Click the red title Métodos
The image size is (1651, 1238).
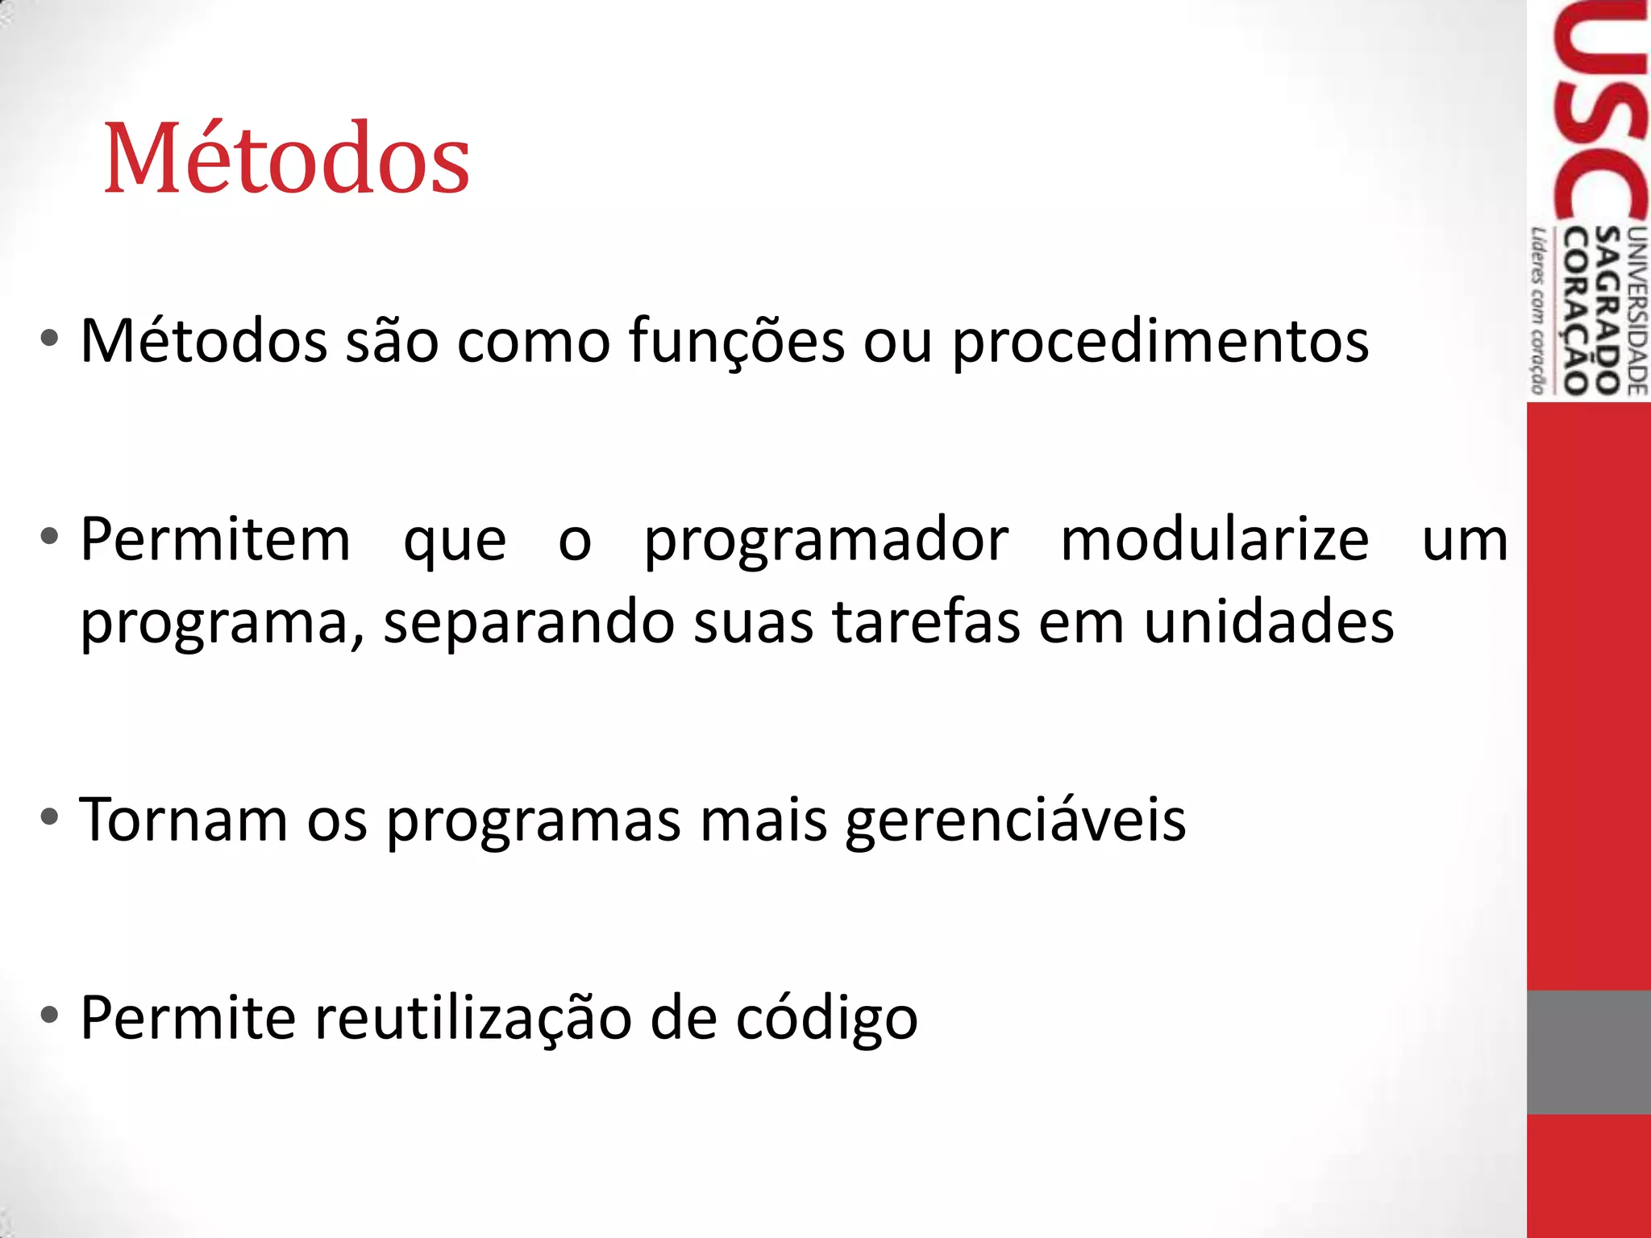(x=287, y=158)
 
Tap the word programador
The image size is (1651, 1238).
(x=826, y=540)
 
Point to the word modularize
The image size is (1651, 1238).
(x=1215, y=540)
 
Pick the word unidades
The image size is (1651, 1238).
(x=1269, y=622)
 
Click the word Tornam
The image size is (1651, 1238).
(x=184, y=820)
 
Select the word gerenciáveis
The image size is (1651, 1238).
(x=1016, y=820)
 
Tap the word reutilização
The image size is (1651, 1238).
(x=473, y=1019)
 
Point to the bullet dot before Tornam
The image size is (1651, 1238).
(x=50, y=817)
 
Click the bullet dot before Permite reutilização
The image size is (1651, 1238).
(x=50, y=1016)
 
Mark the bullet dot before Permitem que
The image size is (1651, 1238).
(x=50, y=537)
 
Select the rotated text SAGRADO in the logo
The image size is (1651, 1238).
(x=1607, y=310)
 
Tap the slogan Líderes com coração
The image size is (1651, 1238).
(x=1539, y=310)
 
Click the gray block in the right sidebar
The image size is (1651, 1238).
(x=1588, y=1052)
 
